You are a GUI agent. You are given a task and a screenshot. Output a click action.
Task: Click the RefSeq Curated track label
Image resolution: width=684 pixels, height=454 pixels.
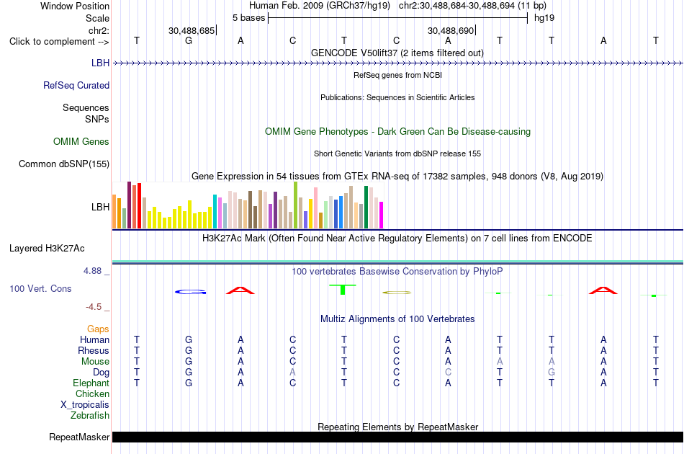[x=76, y=86]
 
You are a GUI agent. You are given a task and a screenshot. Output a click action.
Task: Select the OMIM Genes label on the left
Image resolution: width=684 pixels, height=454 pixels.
[x=81, y=141]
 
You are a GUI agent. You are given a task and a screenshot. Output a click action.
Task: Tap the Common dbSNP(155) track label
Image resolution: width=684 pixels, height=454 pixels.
[x=64, y=164]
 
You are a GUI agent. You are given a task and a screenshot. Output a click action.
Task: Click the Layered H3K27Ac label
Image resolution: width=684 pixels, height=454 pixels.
[x=47, y=249]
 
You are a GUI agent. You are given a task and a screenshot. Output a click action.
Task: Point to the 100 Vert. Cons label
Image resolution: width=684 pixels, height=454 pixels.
[x=40, y=288]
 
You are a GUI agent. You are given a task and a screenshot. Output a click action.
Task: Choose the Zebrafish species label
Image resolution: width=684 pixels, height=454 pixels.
[x=90, y=415]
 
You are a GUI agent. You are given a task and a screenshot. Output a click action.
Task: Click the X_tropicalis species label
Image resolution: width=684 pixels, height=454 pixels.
[x=85, y=405]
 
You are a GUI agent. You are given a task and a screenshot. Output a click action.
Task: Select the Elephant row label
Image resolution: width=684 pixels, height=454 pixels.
[x=91, y=383]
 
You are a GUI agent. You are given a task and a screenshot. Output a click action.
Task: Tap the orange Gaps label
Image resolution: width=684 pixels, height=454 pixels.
[x=98, y=329]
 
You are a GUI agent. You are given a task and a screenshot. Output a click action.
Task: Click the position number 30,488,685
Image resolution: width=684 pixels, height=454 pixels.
[x=192, y=30]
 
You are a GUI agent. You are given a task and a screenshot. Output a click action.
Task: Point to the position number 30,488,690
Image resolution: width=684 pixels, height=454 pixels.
[x=451, y=30]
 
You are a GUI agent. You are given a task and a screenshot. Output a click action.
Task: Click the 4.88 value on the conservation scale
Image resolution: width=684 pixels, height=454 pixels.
[x=92, y=271]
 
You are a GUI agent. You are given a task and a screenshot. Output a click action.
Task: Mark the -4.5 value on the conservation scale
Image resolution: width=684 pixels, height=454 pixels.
[x=94, y=307]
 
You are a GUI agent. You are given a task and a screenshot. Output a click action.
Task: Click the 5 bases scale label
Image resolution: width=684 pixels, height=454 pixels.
[x=248, y=18]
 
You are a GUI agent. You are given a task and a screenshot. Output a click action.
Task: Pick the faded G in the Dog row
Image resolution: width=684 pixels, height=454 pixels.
[x=552, y=372]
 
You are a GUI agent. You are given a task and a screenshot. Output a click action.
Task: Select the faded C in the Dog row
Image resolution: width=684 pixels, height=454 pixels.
[x=448, y=372]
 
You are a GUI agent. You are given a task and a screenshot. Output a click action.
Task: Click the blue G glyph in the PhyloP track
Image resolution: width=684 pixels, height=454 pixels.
[x=191, y=292]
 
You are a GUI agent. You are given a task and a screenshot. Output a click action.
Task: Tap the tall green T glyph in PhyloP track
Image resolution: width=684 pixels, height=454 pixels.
[x=343, y=290]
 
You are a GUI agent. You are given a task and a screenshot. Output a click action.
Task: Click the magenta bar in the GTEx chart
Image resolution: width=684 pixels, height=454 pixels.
[x=382, y=215]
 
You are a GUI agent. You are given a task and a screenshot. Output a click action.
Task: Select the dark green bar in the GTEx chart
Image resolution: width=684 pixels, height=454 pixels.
[x=366, y=208]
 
